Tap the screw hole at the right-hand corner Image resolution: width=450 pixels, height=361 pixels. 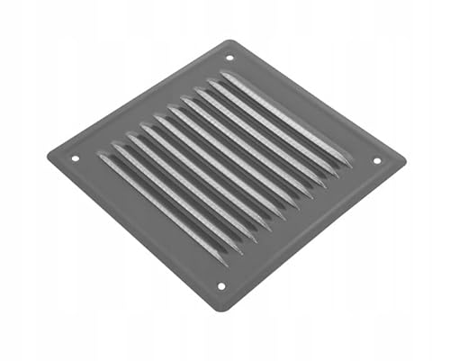coord(376,161)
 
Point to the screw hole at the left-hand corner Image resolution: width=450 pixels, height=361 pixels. coord(75,159)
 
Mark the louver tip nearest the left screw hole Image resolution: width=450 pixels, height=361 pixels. coord(102,158)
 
